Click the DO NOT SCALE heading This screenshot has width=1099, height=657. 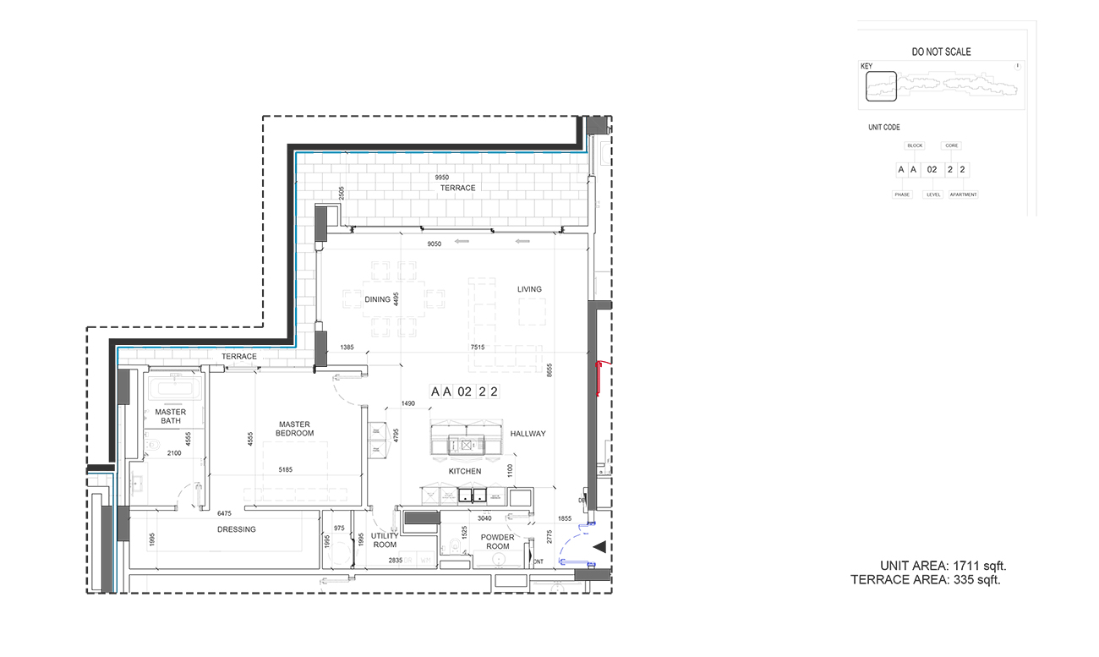(941, 52)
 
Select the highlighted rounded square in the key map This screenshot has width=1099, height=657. (880, 86)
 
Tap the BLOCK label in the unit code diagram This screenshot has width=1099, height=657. (915, 145)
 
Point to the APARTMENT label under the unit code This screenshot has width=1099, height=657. (963, 194)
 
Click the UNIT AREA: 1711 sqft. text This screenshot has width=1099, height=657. (943, 566)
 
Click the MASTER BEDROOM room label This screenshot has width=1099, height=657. (294, 429)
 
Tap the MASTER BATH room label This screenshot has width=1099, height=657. (169, 416)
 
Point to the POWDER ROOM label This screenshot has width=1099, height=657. (498, 542)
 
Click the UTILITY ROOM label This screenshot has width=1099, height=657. (384, 541)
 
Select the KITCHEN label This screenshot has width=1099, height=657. (465, 471)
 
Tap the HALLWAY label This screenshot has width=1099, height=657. (528, 434)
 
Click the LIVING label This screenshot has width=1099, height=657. (529, 289)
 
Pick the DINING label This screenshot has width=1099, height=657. (377, 299)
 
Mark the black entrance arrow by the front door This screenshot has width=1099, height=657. (599, 548)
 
